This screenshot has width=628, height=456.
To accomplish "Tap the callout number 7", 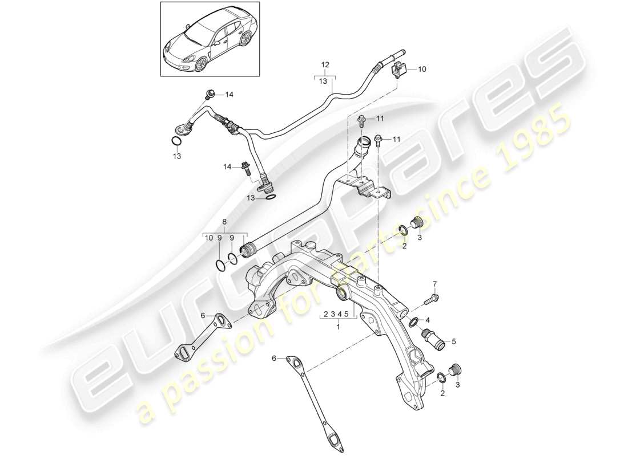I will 433,284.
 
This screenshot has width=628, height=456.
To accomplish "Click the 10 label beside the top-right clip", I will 422,70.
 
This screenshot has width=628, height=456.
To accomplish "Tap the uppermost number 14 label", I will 230,95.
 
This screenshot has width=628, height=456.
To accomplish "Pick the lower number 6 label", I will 275,359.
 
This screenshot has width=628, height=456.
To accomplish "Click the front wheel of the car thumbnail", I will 200,66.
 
